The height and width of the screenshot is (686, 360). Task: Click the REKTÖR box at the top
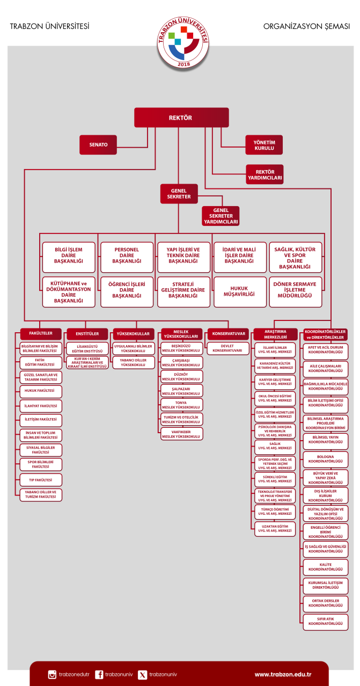[x=181, y=118]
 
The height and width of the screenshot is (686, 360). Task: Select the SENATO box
[x=98, y=144]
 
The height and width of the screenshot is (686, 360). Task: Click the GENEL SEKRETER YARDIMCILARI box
[x=221, y=216]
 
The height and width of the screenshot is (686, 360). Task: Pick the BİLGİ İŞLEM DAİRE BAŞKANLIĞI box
[x=69, y=257]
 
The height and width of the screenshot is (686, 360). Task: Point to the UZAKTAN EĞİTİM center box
[x=275, y=529]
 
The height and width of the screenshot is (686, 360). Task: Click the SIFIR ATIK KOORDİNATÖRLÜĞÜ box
[x=326, y=622]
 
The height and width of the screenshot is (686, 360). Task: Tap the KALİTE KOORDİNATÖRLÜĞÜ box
[x=326, y=567]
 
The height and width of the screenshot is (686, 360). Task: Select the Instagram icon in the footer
[x=52, y=674]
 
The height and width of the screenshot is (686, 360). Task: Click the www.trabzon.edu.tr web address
[x=283, y=674]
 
